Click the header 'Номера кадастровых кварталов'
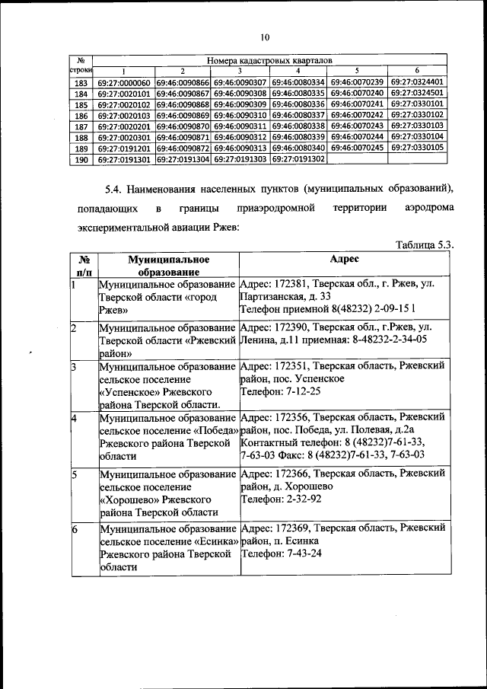coord(269,59)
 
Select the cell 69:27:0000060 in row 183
coord(124,82)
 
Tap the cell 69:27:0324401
coord(417,82)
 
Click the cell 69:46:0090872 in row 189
coord(183,148)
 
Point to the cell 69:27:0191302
coord(299,160)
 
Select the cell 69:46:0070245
coord(358,148)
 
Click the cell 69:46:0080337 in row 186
coord(299,115)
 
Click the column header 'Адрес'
coord(345,259)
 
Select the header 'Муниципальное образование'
coord(168,265)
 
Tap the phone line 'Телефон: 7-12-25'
coord(280,391)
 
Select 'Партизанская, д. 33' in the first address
coord(285,296)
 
